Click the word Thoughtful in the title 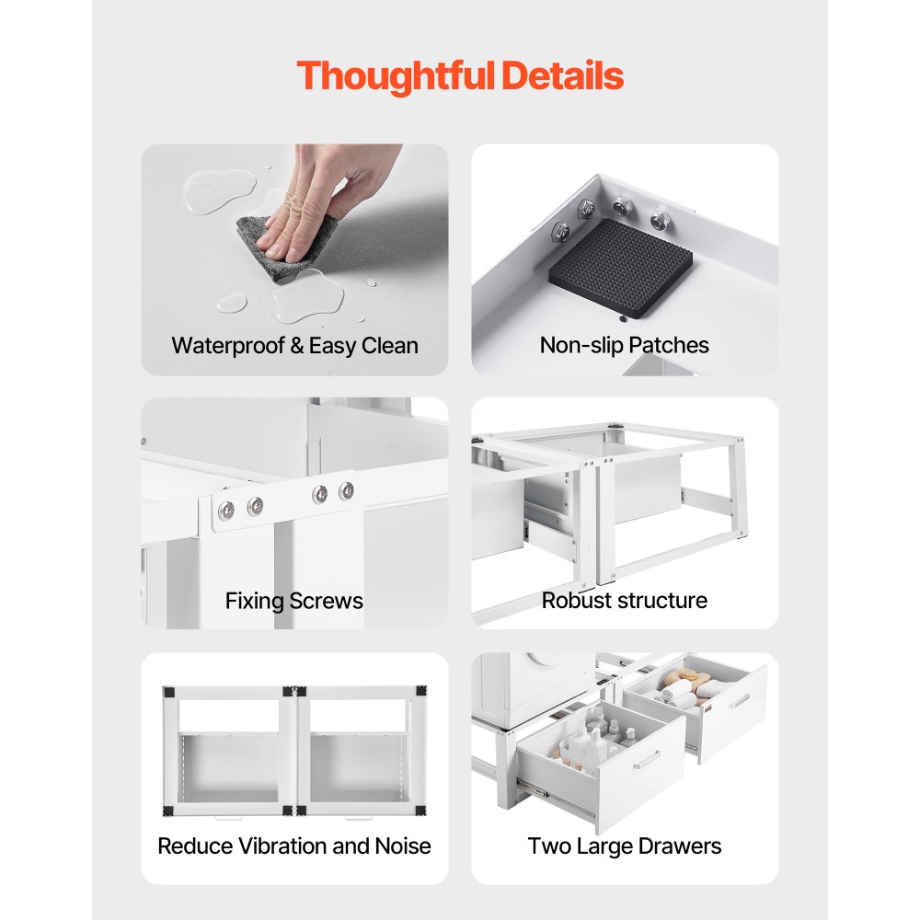coord(397,75)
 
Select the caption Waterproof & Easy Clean coord(294,346)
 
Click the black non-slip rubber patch coord(622,266)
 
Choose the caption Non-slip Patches coord(625,346)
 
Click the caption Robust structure coord(625,601)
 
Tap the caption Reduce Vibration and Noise coord(294,846)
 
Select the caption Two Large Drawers coord(625,846)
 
